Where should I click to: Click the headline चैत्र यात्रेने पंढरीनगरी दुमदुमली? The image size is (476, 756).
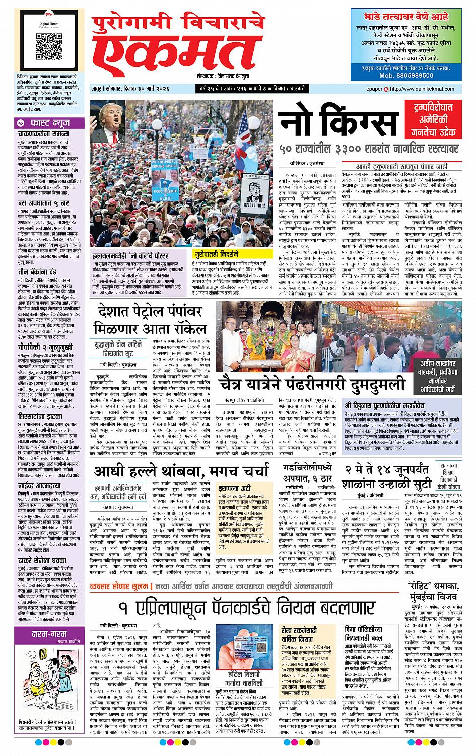click(x=312, y=385)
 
